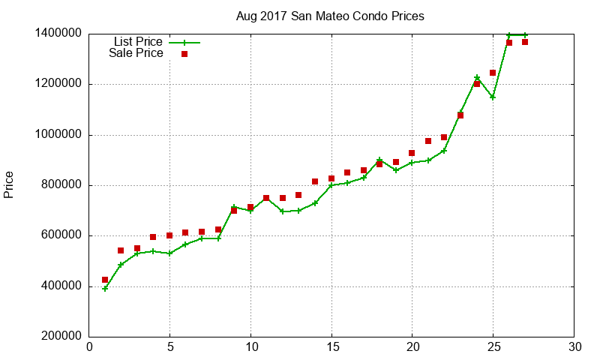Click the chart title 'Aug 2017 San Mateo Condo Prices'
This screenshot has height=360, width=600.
tap(329, 16)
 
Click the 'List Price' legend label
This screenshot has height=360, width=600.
tap(138, 42)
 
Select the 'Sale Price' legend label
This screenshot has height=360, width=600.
tap(136, 53)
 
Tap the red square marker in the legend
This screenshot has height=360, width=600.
tap(184, 54)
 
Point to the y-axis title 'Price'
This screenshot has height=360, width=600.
tap(9, 184)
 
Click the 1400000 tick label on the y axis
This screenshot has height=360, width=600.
tap(57, 34)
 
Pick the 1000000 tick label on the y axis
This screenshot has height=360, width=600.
tap(57, 135)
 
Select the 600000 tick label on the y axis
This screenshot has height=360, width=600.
tap(60, 236)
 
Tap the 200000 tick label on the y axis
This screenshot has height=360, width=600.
tap(60, 337)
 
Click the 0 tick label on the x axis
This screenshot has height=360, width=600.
tap(89, 347)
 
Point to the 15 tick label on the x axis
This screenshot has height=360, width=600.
tap(331, 347)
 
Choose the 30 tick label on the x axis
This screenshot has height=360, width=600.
tap(574, 347)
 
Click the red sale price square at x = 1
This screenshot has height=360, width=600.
tap(106, 280)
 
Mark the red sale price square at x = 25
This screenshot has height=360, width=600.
tap(493, 73)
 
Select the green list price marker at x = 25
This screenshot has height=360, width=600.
tap(493, 97)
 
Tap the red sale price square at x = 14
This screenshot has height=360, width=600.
tap(315, 181)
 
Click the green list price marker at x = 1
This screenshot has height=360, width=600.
tap(106, 289)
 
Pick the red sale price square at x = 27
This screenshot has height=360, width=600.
tap(525, 42)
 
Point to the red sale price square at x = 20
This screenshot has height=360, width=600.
tap(412, 153)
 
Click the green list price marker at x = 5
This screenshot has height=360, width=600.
tap(170, 253)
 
